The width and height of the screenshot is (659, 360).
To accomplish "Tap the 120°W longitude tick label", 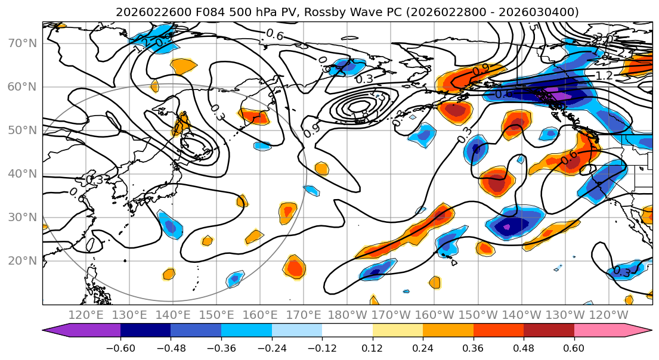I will tap(608, 315).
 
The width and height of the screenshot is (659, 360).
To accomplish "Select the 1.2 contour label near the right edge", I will tap(604, 76).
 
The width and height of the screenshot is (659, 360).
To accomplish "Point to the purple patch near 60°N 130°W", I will tap(561, 95).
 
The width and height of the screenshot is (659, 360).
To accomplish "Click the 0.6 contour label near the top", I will tap(274, 35).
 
